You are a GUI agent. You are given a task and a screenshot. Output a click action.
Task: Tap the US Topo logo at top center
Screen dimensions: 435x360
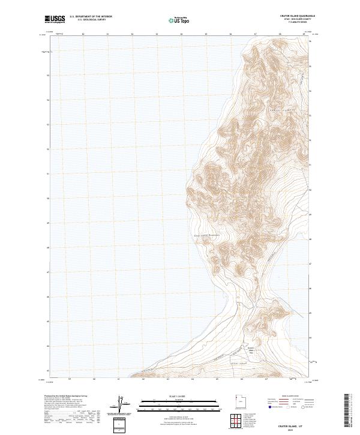(174, 20)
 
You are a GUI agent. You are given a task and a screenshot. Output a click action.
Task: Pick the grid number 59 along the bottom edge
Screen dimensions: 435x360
(70, 379)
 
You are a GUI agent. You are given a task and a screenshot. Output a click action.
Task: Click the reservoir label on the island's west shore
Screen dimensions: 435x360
(206, 235)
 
